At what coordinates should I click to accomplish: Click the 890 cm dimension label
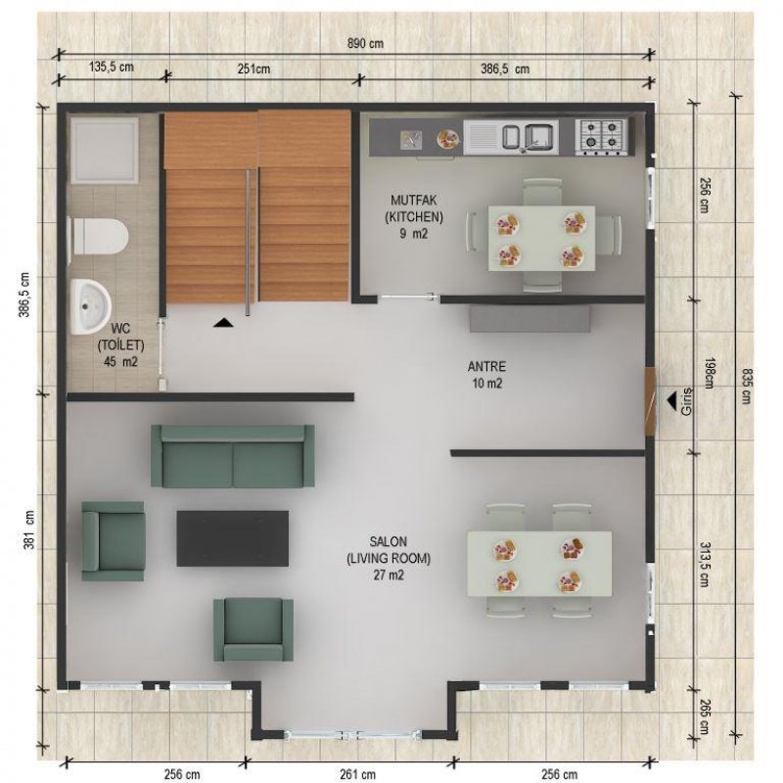coord(365,43)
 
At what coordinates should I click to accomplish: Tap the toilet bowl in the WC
coord(99,236)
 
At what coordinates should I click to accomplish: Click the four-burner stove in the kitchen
coord(600,136)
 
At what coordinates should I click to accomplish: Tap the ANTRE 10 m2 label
coord(486,375)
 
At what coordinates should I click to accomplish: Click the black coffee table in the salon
coord(233,538)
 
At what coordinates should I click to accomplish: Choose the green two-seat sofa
coord(233,456)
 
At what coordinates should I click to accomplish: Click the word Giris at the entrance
coord(687,401)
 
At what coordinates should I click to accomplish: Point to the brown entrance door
coord(649,402)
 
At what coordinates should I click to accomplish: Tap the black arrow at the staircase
coord(223,323)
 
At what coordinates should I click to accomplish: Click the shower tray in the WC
coord(105,151)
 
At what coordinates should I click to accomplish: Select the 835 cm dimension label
coord(746,386)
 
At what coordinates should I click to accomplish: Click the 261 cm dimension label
coord(357,774)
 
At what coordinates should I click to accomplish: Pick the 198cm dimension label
coord(709,373)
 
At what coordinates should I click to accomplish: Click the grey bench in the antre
coord(530,319)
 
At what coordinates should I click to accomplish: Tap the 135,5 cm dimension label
coord(112,67)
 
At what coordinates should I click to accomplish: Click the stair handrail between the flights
coord(248,242)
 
